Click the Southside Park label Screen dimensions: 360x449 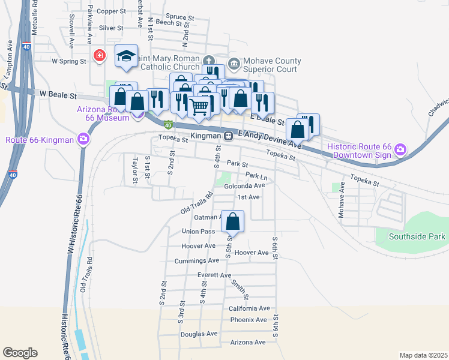[x=417, y=236]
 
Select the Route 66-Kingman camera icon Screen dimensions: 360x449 [x=83, y=140]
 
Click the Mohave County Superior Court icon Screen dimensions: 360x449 [x=232, y=61]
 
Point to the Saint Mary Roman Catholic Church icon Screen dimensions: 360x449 [x=208, y=60]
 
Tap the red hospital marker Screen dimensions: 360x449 [x=100, y=56]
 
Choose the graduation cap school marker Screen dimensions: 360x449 [x=126, y=56]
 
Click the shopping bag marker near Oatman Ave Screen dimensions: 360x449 [x=233, y=222]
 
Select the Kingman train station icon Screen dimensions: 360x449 [x=229, y=136]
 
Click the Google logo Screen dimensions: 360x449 [x=20, y=353]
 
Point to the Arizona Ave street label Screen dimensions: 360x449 [x=247, y=342]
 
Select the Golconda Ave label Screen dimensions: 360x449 [x=244, y=186]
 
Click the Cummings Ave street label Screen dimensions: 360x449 [x=196, y=261]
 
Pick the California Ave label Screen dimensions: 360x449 [x=249, y=308]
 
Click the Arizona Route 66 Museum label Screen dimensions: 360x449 [x=103, y=113]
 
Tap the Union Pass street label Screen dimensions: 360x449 [x=198, y=232]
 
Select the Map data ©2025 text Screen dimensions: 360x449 [x=423, y=355]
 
